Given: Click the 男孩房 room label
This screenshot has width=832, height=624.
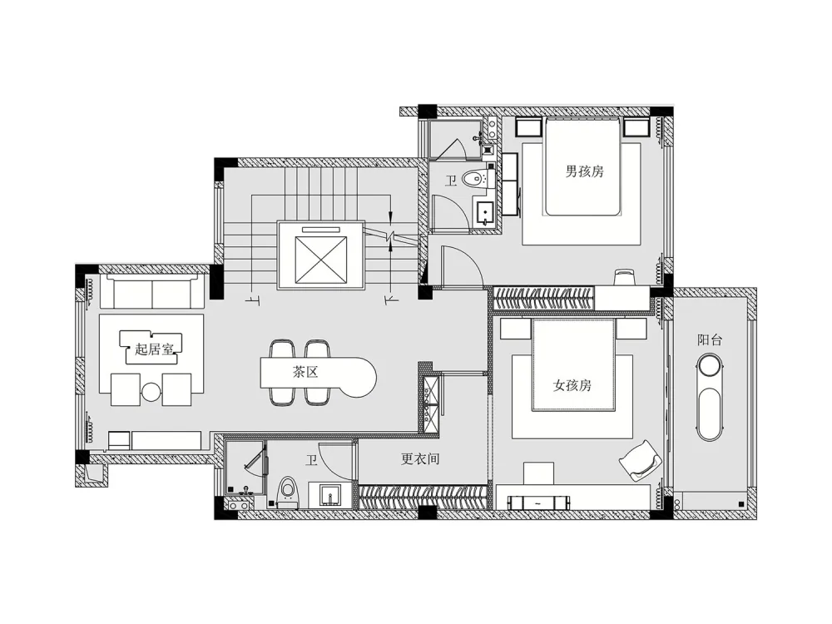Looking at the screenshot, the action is (584, 171).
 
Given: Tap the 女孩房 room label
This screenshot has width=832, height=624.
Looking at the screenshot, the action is (572, 385).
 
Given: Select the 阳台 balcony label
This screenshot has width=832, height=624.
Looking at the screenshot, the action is (710, 340).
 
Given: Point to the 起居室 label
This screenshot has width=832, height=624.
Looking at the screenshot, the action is (154, 349).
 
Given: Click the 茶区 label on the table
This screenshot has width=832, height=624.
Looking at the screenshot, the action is (305, 372).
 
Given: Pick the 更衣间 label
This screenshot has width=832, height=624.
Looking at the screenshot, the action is (419, 458).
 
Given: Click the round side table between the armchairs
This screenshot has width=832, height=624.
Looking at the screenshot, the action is (151, 392).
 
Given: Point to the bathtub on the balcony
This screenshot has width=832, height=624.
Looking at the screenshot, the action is (710, 414).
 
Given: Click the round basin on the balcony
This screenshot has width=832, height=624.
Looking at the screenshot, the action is (710, 367).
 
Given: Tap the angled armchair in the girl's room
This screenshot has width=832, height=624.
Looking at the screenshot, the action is (640, 460).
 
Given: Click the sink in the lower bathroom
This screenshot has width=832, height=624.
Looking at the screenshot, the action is (330, 496).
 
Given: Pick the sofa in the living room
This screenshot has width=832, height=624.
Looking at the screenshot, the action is (153, 291).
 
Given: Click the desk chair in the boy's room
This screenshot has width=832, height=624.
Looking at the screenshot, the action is (624, 278).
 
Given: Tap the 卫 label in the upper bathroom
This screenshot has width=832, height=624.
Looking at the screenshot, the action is (450, 181).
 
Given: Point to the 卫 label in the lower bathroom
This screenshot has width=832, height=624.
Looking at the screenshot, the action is (311, 460).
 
